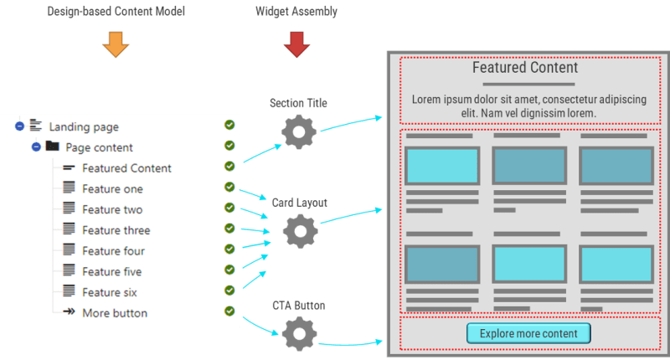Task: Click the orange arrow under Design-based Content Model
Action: pos(115,44)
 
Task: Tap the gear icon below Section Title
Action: pos(298,132)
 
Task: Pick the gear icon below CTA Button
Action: pos(298,335)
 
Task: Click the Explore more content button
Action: pos(528,334)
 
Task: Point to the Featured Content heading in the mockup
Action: pos(525,68)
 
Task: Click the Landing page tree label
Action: pos(84,127)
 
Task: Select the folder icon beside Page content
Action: pos(52,147)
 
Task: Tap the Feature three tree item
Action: pos(116,230)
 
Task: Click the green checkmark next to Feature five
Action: pos(229,270)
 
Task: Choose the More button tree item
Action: pos(115,313)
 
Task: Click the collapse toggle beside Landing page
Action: pos(19,126)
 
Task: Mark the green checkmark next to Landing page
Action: pos(229,126)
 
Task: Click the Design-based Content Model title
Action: pos(115,11)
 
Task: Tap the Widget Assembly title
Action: pos(297,11)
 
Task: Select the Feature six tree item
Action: pos(110,292)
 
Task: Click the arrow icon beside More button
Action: pos(69,312)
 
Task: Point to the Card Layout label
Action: pos(299,203)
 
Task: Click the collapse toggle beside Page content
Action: pos(36,147)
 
